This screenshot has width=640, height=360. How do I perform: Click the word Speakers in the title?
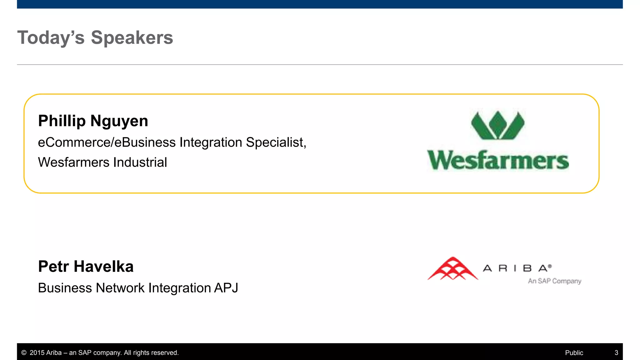(132, 38)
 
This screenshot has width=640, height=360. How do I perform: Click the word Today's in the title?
(51, 38)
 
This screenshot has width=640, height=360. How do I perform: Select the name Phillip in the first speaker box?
(62, 121)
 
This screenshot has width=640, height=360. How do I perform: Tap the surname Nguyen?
(119, 121)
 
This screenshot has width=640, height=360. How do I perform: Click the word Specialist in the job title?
(276, 142)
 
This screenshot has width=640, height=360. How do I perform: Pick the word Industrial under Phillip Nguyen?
(140, 162)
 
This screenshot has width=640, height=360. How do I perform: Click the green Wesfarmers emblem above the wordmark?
(498, 125)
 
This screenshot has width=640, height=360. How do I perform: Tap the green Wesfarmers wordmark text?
(498, 161)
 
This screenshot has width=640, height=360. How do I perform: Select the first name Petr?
(53, 267)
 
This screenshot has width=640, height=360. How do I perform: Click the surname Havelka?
(103, 267)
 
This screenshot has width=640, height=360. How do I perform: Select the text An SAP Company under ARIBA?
(554, 281)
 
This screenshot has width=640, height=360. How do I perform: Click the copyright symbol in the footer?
(24, 353)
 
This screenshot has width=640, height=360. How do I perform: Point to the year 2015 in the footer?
(37, 353)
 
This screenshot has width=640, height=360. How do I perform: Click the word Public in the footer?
(574, 353)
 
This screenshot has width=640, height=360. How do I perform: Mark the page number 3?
(616, 353)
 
